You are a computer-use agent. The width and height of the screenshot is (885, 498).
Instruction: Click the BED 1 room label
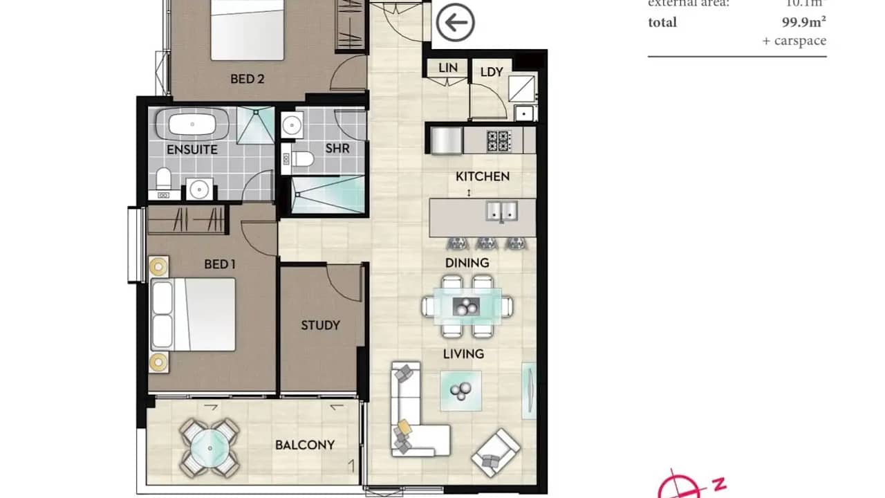[x=220, y=264]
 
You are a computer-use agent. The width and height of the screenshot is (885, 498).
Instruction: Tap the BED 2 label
[x=248, y=79]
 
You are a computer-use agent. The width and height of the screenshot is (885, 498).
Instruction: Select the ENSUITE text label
[x=192, y=149]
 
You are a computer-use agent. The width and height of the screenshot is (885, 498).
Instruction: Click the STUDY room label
[x=320, y=325]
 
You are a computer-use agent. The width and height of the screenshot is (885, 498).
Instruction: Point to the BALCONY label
[x=305, y=445]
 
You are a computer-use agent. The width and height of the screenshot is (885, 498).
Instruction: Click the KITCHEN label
[x=483, y=176]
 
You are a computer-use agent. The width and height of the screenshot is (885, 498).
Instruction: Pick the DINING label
[x=467, y=263]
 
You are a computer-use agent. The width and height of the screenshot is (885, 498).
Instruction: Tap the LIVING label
[x=463, y=354]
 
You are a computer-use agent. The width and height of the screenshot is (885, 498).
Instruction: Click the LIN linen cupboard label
[x=448, y=68]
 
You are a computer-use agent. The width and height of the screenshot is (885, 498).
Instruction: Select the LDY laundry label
[x=492, y=72]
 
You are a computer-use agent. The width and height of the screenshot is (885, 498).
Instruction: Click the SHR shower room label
[x=337, y=149]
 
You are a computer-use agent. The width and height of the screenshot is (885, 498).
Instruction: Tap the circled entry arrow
[x=455, y=23]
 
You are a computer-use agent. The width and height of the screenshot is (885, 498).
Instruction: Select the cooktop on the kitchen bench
[x=499, y=140]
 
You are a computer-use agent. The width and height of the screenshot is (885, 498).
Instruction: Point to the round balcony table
[x=209, y=448]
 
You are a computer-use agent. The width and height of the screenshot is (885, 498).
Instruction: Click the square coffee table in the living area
[x=461, y=391]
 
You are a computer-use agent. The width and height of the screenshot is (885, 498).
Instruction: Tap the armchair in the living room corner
[x=495, y=453]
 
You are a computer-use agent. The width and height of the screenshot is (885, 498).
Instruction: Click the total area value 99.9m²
[x=803, y=22]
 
